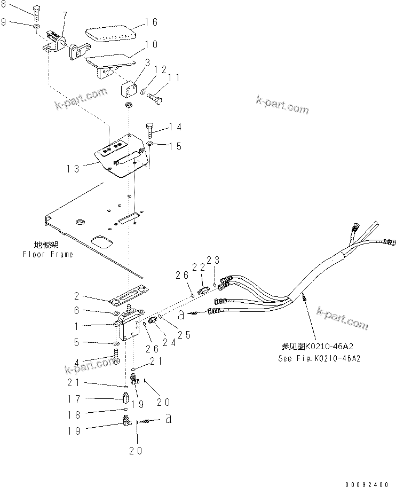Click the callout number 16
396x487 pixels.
tap(151, 22)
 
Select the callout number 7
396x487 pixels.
tap(65, 14)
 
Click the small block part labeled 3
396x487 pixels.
tap(129, 89)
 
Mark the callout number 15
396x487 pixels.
tap(176, 146)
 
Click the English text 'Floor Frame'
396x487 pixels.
tap(47, 254)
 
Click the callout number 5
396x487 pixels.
tap(77, 342)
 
